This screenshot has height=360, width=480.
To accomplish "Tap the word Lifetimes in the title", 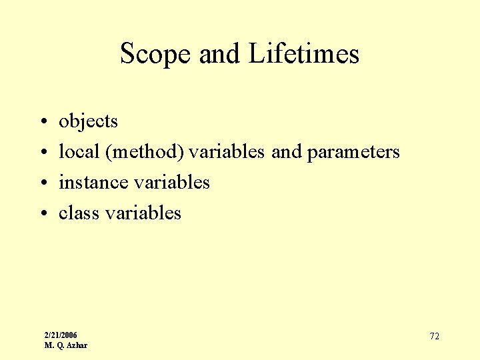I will point(304,54).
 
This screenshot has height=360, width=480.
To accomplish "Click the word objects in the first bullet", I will point(88,121).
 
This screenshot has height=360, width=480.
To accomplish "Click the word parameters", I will point(353,152).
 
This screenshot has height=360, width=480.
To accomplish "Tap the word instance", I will point(93,182).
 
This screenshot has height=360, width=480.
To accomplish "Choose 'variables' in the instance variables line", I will point(172,182).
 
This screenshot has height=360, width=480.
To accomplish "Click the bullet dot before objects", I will point(42,122).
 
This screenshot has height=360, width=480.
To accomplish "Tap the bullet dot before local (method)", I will point(42,153).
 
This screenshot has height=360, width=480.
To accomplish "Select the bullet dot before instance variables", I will point(42,183).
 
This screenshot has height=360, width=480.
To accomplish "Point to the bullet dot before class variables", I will point(42,213).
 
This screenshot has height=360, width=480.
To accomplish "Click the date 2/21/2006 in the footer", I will point(61,335).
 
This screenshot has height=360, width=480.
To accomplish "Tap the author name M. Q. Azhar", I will point(65,345).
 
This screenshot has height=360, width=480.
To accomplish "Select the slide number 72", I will point(434,336).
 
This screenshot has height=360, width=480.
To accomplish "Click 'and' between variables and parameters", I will point(287,152).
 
